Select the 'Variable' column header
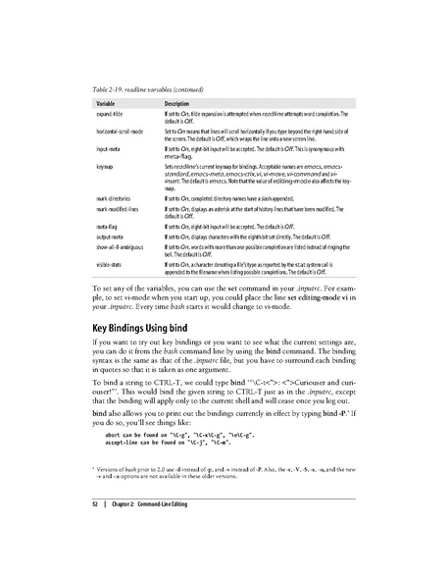click(108, 103)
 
